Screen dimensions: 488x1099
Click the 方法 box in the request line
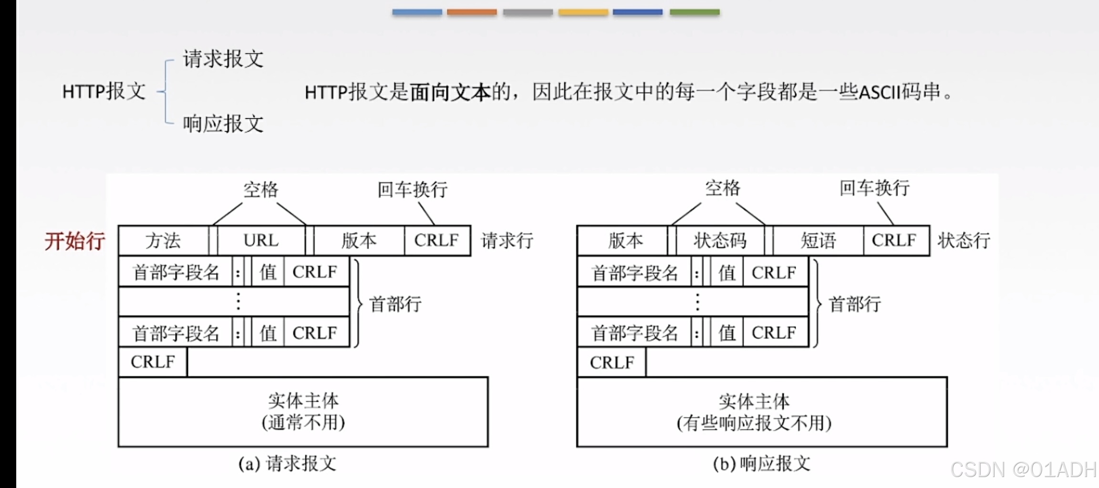coord(163,241)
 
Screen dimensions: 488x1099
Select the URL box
coord(261,241)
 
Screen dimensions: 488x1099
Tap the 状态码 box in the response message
coord(720,241)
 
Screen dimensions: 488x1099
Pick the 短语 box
coord(818,241)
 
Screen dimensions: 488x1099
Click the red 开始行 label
coord(75,241)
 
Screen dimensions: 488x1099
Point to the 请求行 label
coord(507,241)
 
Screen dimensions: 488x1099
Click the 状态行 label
coord(964,241)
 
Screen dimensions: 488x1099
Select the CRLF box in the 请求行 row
coord(436,241)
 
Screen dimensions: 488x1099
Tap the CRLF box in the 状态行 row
coord(894,241)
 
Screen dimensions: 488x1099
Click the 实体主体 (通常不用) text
coord(303,412)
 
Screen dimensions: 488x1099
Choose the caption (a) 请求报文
coord(288,464)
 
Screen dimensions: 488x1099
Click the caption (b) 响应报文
coord(762,464)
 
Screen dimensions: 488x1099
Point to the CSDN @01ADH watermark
coord(1023,470)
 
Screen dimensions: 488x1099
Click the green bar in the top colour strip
coord(695,12)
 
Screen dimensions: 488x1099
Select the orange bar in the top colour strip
coord(472,12)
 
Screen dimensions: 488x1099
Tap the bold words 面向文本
coord(450,92)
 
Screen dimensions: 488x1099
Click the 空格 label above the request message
coord(260,190)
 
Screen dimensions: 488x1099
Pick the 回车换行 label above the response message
coord(874,188)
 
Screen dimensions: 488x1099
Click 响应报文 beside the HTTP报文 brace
coord(223,124)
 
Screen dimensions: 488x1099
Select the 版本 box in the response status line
coord(625,241)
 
